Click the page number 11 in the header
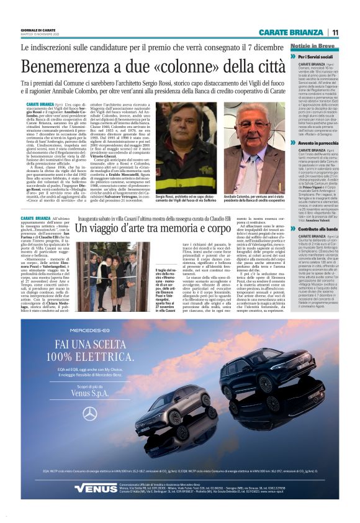coord(335,32)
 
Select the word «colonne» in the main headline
coord(187,66)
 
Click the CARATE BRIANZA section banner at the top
coord(292,32)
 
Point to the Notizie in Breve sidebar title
coord(313,47)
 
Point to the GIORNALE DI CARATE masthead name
coord(38,29)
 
